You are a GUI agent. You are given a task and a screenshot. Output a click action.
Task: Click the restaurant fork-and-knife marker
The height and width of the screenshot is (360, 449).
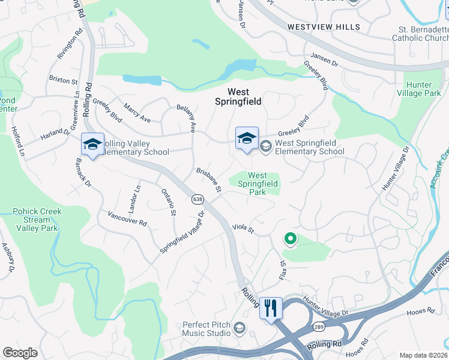point(271,308)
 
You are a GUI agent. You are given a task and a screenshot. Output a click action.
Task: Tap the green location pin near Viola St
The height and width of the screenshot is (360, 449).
point(291,239)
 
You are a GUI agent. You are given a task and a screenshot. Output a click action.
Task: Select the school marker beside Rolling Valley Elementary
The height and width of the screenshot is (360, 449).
point(93,145)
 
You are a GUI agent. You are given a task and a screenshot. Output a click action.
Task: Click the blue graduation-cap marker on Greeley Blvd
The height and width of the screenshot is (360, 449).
point(247,139)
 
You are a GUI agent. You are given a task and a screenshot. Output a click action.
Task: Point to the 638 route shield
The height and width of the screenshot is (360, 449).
point(197,199)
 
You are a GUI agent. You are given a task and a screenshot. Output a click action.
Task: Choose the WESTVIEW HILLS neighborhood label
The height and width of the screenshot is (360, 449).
point(324,27)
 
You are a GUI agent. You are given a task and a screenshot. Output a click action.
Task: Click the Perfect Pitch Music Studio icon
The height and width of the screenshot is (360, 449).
point(240,328)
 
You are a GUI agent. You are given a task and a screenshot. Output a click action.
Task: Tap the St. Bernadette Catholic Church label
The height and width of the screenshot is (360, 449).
point(420,33)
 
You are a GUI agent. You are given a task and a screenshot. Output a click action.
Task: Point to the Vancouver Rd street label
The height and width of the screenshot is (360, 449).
point(127,218)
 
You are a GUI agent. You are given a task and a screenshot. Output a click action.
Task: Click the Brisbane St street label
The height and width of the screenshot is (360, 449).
point(209,180)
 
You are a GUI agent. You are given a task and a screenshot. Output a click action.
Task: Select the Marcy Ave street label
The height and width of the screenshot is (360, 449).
point(137,112)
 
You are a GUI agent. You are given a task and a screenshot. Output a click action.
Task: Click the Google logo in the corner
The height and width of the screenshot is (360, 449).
point(20,353)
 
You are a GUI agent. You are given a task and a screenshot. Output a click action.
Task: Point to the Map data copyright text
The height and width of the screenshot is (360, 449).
point(423,355)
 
